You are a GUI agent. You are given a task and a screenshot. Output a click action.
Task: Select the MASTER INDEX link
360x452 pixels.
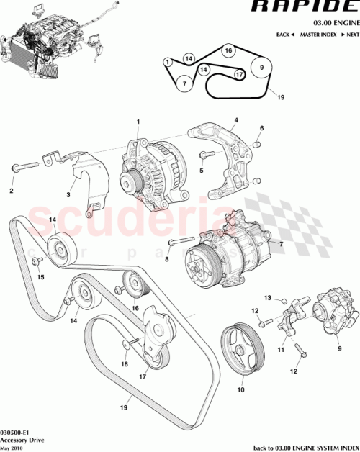pyautogui.click(x=318, y=35)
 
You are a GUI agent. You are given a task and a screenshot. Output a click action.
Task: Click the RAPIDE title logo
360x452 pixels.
pyautogui.click(x=313, y=7)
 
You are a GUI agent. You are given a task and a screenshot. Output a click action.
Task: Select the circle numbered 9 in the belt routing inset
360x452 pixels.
pyautogui.click(x=262, y=69)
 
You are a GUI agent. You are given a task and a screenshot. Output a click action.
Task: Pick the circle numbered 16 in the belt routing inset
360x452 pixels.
pyautogui.click(x=228, y=51)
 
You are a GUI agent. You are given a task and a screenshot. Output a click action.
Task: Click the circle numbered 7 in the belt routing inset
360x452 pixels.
pyautogui.click(x=184, y=83)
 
